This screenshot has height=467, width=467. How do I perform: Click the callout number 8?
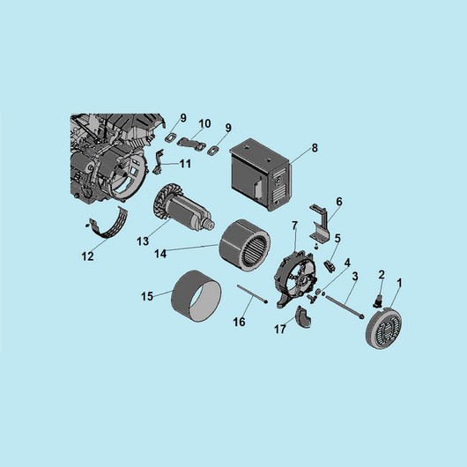[x=315, y=148]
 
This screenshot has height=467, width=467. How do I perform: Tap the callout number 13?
[x=143, y=241]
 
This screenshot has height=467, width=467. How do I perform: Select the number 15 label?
[x=147, y=296]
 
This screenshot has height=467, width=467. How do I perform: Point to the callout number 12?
[x=87, y=256]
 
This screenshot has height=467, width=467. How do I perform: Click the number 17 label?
[x=280, y=330]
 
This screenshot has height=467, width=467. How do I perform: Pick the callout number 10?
[x=204, y=123]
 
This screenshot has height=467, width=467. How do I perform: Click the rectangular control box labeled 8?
[x=260, y=174]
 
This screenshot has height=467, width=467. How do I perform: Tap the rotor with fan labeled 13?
[x=183, y=207]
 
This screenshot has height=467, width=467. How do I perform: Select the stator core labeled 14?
[x=245, y=245]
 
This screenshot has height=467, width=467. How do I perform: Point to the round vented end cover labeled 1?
[x=383, y=329]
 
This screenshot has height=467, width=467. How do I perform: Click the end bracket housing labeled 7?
[x=294, y=280]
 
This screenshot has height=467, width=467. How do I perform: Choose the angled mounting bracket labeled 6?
[x=321, y=222]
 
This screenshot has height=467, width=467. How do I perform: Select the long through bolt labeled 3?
[x=345, y=306]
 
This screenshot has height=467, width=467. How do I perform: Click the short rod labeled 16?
[x=252, y=294]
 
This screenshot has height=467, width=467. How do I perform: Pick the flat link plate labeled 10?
[x=191, y=143]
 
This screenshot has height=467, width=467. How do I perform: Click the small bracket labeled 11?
[x=159, y=161]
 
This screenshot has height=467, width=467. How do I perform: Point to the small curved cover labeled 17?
[x=303, y=317]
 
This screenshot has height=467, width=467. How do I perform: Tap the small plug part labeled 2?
[x=378, y=300]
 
